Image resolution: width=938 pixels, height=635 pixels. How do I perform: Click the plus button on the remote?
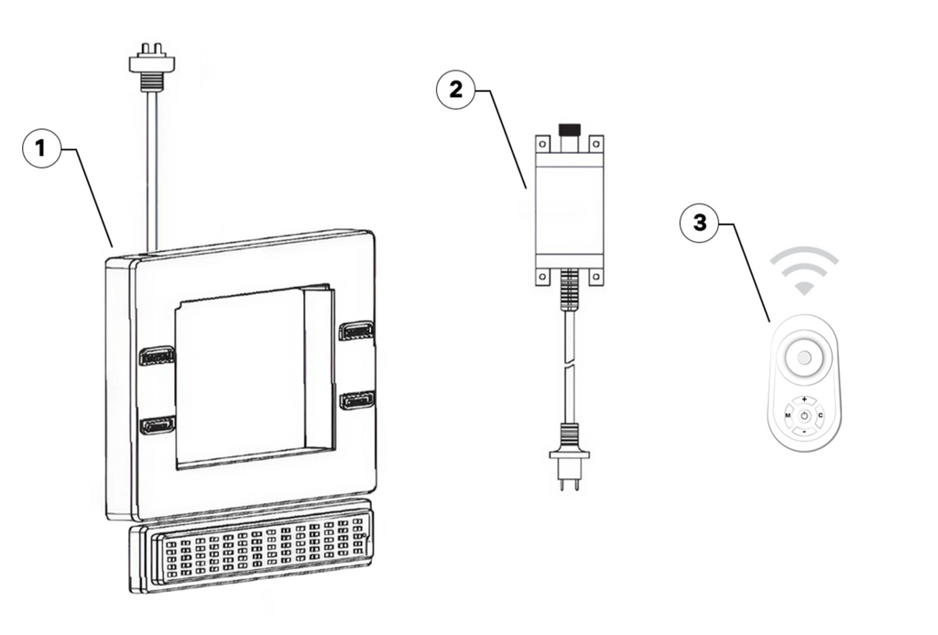click(803, 400)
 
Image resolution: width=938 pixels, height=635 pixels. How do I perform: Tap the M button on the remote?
click(787, 416)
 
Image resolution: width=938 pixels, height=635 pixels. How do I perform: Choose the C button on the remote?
click(820, 416)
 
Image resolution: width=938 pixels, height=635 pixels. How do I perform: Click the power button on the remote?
click(803, 416)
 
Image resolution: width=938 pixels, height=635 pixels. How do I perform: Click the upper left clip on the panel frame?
click(157, 356)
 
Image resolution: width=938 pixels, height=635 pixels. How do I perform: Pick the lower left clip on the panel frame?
click(157, 425)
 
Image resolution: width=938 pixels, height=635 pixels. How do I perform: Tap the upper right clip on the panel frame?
click(355, 330)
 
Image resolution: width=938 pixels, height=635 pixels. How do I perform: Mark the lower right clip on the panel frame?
click(355, 400)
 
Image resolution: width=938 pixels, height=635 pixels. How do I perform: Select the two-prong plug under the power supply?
click(568, 463)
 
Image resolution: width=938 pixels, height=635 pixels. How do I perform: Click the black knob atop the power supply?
click(570, 130)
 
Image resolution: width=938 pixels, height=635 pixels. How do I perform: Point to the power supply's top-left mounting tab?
click(542, 143)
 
